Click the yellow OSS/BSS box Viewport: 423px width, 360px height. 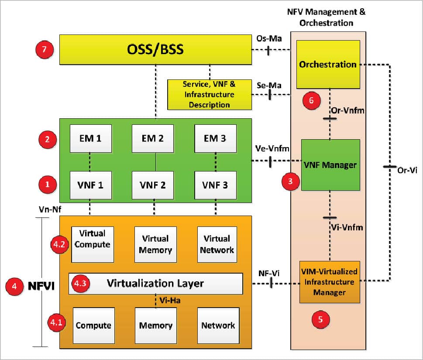(155, 50)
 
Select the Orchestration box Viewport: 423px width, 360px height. (328, 64)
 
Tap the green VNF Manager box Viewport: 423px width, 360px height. (330, 165)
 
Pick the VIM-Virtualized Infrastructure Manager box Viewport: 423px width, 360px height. (329, 281)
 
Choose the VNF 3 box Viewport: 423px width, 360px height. (215, 185)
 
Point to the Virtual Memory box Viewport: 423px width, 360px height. (155, 244)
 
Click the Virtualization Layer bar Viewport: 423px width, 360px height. (155, 284)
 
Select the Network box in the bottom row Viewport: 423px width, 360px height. (218, 325)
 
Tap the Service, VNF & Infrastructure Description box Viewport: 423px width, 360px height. (210, 94)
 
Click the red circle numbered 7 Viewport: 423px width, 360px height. (44, 49)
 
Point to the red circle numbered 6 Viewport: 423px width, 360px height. (311, 100)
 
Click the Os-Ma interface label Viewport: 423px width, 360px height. (266, 39)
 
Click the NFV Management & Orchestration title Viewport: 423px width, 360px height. (326, 16)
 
